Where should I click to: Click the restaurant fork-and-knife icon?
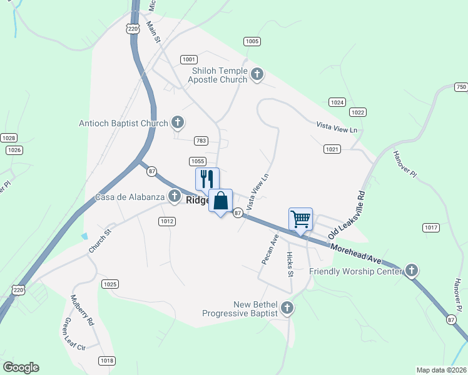[206, 179]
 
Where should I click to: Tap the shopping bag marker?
[220, 201]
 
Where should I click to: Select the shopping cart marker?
[300, 219]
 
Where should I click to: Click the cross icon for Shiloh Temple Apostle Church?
[257, 75]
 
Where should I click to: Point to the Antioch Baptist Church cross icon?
[178, 123]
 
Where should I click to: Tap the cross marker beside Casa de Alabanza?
[174, 197]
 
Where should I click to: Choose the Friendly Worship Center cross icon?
[411, 271]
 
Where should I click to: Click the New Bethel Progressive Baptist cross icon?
[287, 307]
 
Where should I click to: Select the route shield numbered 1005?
[252, 41]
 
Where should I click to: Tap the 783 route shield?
[201, 141]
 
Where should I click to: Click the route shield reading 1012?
[166, 221]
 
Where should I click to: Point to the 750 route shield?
[460, 87]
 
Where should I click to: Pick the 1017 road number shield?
[430, 227]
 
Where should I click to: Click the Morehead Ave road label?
[356, 253]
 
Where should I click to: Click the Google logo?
[21, 367]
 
